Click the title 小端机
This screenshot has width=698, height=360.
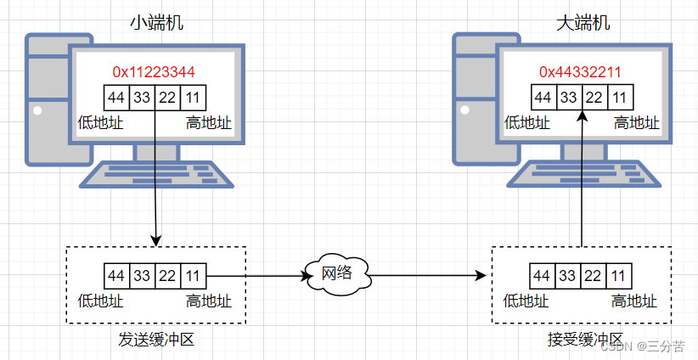[156, 23]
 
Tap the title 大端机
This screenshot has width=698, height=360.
[583, 23]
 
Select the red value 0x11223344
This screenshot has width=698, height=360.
[154, 71]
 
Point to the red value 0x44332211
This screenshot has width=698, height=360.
[580, 71]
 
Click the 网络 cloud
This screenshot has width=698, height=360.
[337, 275]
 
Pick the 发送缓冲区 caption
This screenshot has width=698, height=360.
[156, 340]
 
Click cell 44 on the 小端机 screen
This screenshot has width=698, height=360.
[116, 98]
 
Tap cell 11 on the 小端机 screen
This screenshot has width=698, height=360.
[194, 98]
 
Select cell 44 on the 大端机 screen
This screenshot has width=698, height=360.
[543, 97]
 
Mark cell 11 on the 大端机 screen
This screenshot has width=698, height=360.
[620, 97]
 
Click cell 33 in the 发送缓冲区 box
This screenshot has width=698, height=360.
[142, 276]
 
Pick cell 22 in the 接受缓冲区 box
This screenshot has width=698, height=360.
[593, 276]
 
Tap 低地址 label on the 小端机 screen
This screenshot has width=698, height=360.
[100, 123]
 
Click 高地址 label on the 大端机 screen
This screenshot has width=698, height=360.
[637, 123]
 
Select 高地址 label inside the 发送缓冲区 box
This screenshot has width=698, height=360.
[209, 301]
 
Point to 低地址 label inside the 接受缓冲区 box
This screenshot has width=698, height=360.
[526, 301]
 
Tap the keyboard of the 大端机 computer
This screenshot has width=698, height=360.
[583, 174]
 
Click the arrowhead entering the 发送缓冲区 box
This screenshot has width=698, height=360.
[155, 241]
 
